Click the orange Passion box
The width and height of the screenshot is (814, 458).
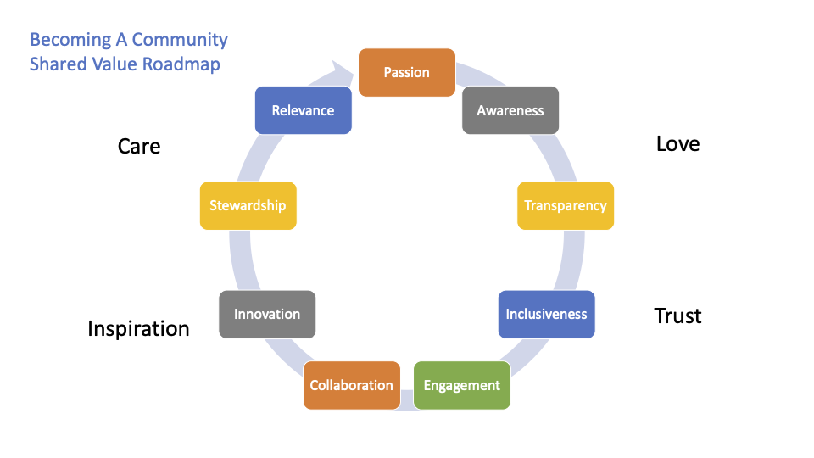pyautogui.click(x=407, y=72)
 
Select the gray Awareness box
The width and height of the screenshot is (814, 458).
pyautogui.click(x=510, y=110)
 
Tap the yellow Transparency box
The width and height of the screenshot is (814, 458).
pyautogui.click(x=566, y=205)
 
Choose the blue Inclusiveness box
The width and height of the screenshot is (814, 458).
pyautogui.click(x=547, y=314)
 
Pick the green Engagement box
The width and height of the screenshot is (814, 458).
pyautogui.click(x=462, y=385)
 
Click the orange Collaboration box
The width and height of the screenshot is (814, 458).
pyautogui.click(x=351, y=385)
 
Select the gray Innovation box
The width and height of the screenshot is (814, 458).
pyautogui.click(x=267, y=314)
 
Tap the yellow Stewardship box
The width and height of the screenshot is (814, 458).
pyautogui.click(x=248, y=205)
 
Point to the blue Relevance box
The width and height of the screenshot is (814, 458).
pyautogui.click(x=304, y=110)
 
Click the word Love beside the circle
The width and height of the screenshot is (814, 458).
pyautogui.click(x=677, y=144)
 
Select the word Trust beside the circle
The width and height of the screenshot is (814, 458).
pyautogui.click(x=677, y=316)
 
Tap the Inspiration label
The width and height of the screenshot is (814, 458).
pyautogui.click(x=138, y=329)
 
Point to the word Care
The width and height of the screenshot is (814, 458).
pyautogui.click(x=138, y=147)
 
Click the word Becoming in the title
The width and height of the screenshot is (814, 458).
pyautogui.click(x=70, y=40)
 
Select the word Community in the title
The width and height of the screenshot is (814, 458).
pyautogui.click(x=180, y=40)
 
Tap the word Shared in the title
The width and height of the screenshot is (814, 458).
pyautogui.click(x=58, y=64)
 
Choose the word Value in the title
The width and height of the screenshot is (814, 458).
pyautogui.click(x=114, y=64)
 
